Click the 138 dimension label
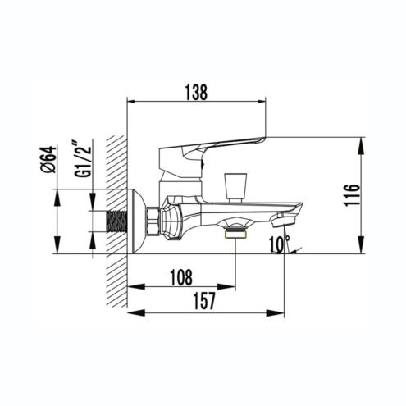coord(196,92)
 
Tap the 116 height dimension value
coord(352,195)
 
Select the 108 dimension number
coord(181,277)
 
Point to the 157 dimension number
coord(204,301)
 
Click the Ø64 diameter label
coord(48,159)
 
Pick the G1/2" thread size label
coord(83,158)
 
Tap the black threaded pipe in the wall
coord(118,221)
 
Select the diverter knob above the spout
coord(235,188)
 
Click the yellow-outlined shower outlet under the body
coord(235,234)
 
